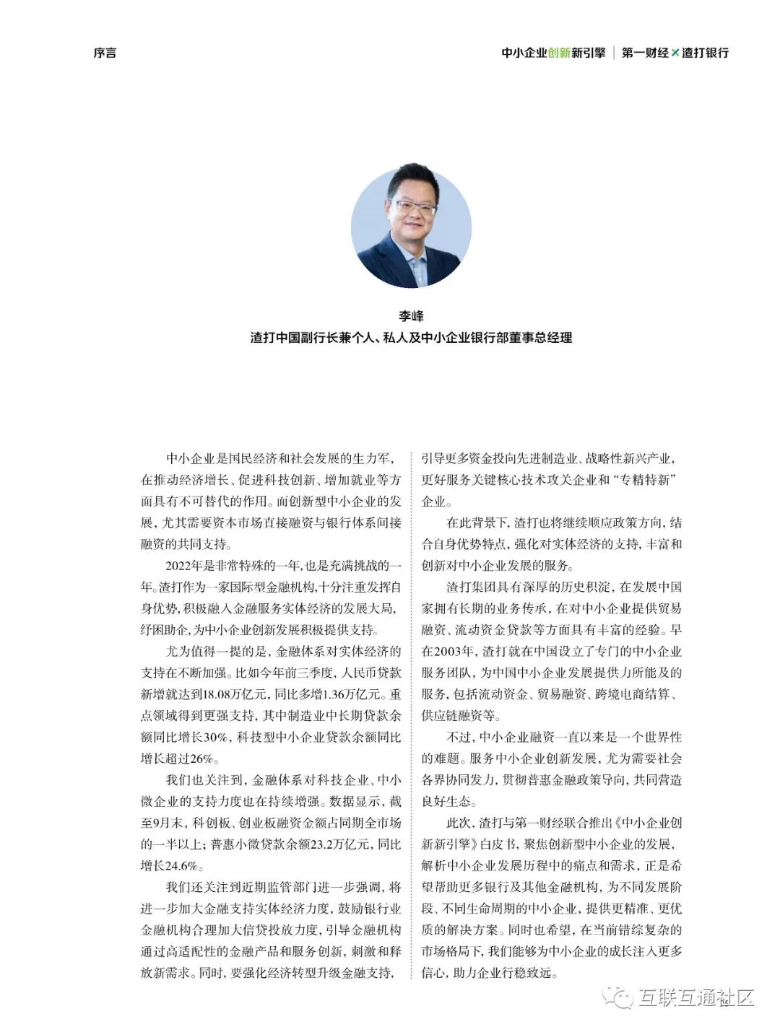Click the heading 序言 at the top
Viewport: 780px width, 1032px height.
104,53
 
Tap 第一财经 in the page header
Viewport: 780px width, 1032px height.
644,53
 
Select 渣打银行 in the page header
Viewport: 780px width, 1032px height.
705,53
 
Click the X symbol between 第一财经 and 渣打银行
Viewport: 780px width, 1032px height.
675,53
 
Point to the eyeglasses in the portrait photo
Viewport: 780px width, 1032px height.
412,208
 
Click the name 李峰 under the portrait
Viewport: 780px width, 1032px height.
411,316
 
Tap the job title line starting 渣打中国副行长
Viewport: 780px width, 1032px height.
411,337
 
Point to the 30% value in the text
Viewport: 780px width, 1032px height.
215,737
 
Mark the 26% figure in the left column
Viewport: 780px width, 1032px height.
201,758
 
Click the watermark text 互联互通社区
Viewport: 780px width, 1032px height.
695,998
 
